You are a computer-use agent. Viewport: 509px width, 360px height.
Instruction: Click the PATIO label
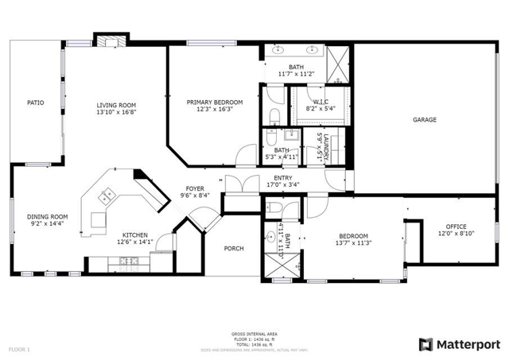pyautogui.click(x=35, y=103)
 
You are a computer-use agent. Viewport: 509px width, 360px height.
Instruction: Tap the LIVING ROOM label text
pyautogui.click(x=116, y=105)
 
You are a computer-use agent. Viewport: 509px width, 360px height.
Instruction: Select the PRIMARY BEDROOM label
pyautogui.click(x=215, y=103)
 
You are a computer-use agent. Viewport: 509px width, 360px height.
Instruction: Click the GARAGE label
pyautogui.click(x=425, y=119)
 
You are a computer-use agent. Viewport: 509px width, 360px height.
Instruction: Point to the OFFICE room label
pyautogui.click(x=456, y=226)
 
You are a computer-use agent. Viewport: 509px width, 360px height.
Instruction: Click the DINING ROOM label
pyautogui.click(x=48, y=216)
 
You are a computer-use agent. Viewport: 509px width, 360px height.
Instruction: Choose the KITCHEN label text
pyautogui.click(x=134, y=235)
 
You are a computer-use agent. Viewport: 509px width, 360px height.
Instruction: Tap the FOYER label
pyautogui.click(x=195, y=188)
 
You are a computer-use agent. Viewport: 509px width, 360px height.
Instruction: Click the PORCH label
pyautogui.click(x=234, y=249)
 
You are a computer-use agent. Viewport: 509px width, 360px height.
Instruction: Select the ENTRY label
pyautogui.click(x=282, y=178)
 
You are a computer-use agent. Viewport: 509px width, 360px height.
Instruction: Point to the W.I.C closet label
pyautogui.click(x=321, y=102)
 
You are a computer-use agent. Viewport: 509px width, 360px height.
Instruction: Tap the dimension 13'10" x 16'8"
pyautogui.click(x=116, y=112)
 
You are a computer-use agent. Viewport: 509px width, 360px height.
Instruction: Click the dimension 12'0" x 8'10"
pyautogui.click(x=456, y=234)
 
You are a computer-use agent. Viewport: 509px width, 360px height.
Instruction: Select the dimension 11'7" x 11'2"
pyautogui.click(x=297, y=74)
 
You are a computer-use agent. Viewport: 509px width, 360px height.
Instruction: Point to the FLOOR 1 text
pyautogui.click(x=19, y=349)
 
